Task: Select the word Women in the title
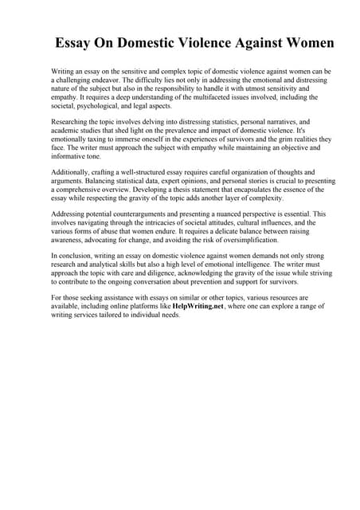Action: coord(307,43)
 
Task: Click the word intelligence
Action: coord(240,265)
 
